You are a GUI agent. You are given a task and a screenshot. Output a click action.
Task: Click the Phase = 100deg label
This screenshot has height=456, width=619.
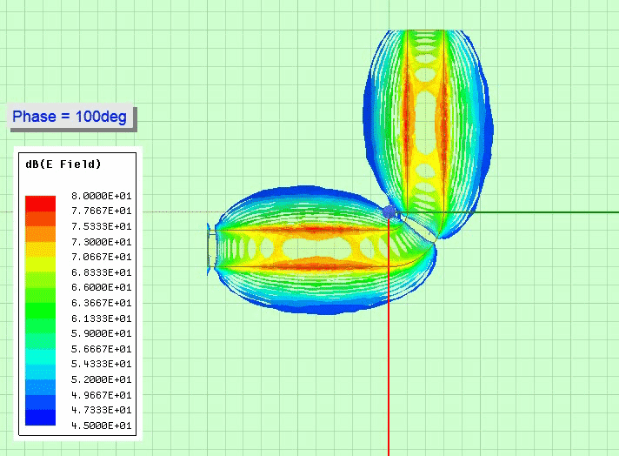pos(70,117)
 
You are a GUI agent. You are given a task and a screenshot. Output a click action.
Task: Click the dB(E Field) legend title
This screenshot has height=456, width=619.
pos(63,164)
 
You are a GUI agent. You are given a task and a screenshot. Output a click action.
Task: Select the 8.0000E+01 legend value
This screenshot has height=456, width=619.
pos(102,196)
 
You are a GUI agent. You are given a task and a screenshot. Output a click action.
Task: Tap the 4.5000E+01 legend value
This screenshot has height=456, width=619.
pos(102,426)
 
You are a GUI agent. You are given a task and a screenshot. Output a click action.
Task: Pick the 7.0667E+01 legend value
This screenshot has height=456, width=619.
pos(102,257)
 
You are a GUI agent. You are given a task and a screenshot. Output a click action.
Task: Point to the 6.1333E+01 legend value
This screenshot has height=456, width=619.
pos(102,319)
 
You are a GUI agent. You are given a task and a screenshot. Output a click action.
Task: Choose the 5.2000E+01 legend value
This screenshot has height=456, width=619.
pos(102,379)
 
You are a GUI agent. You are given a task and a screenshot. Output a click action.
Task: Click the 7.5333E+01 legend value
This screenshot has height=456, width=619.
pos(102,226)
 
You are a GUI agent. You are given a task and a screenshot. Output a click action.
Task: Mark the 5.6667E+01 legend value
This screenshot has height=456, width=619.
pos(102,349)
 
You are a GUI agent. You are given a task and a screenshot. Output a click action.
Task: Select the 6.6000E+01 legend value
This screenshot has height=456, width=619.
pos(102,287)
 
